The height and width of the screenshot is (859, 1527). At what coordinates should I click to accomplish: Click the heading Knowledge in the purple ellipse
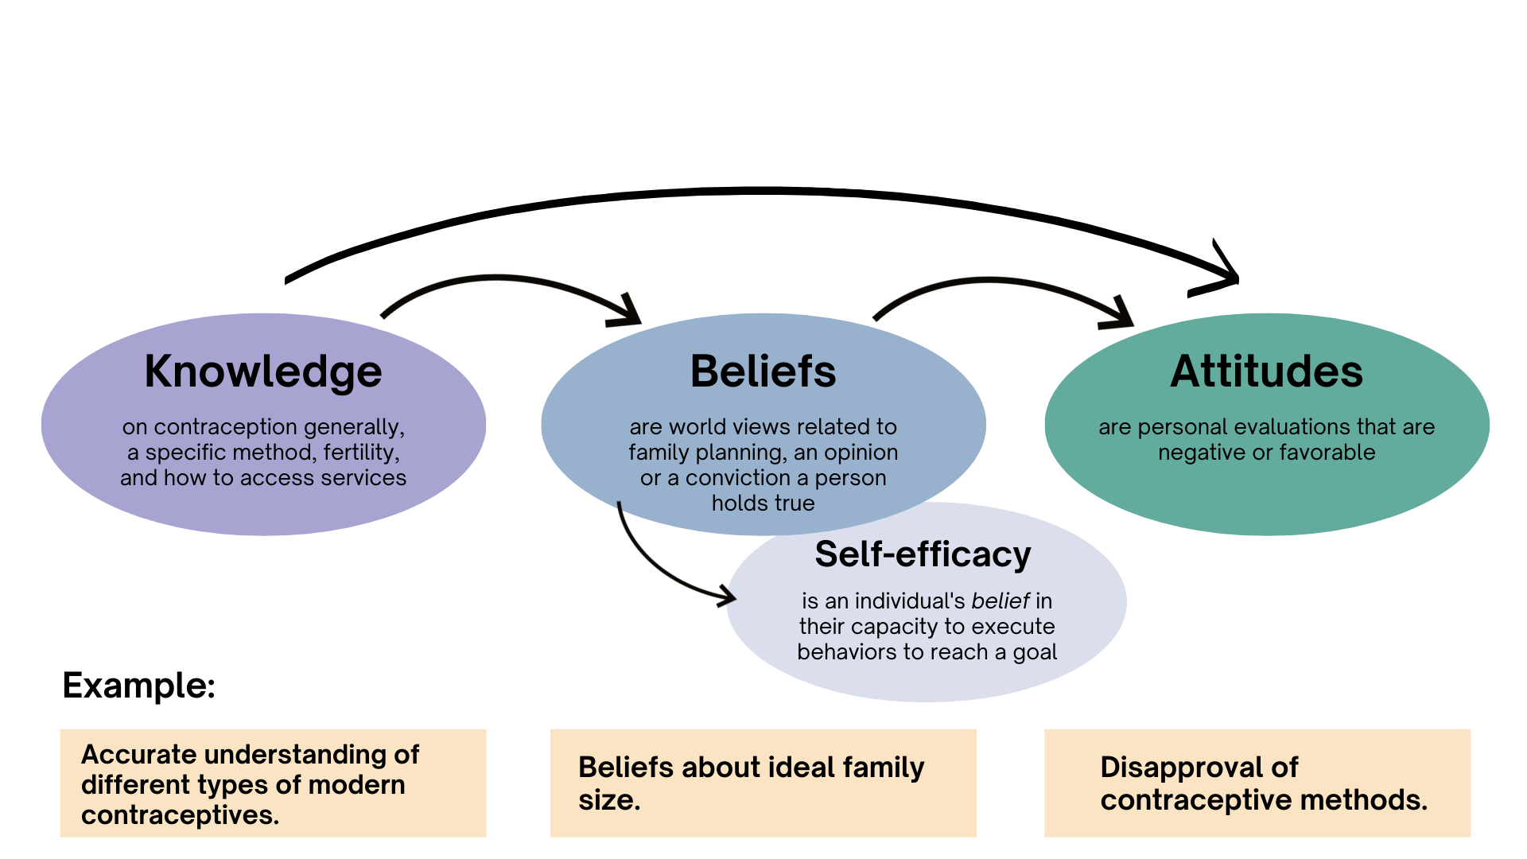263,371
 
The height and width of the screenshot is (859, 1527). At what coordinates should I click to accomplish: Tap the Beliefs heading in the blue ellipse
763,371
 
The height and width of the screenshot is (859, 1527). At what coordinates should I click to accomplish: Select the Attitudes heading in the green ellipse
1266,371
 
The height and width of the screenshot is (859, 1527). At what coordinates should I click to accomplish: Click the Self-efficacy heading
923,554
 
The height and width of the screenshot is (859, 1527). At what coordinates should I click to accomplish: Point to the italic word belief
1000,601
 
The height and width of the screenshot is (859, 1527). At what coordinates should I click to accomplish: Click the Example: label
139,686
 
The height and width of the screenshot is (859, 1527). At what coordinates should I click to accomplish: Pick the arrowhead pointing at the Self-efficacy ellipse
726,596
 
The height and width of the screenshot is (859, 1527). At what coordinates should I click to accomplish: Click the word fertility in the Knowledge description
359,453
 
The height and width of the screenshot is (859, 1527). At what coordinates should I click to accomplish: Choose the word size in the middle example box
608,800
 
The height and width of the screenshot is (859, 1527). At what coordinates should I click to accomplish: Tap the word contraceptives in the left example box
180,815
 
